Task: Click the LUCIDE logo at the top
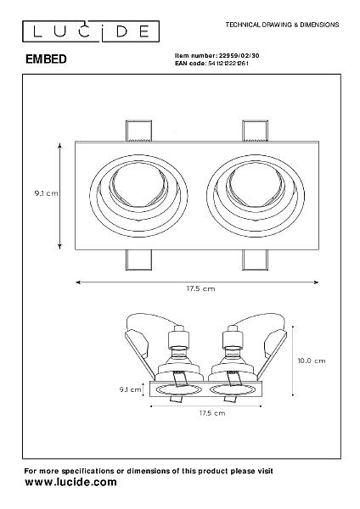click(91, 31)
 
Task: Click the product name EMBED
click(46, 59)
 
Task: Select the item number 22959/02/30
click(239, 55)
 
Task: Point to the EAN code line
click(211, 64)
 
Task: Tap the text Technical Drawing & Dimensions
click(282, 25)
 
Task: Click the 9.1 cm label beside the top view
click(47, 193)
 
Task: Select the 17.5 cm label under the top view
click(200, 288)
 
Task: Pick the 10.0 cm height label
click(312, 361)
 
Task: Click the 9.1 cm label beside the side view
click(130, 389)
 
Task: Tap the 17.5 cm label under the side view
click(212, 413)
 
